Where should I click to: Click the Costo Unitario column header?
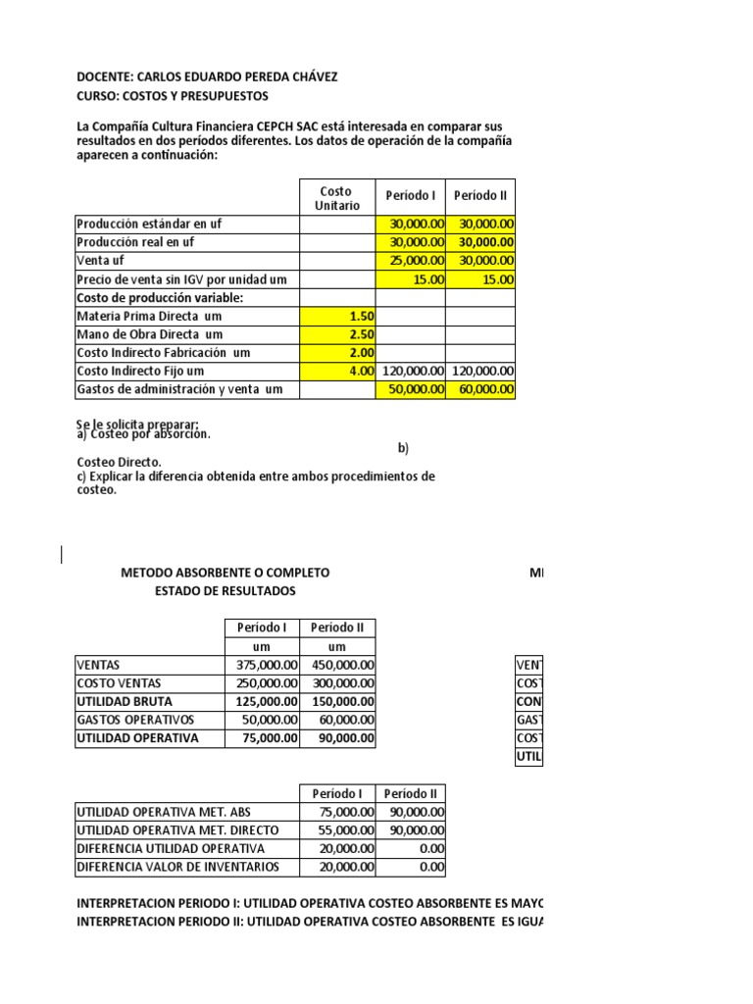[337, 197]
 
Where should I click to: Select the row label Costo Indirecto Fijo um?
[140, 372]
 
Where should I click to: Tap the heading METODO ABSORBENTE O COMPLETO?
[225, 573]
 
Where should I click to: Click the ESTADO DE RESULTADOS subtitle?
[225, 591]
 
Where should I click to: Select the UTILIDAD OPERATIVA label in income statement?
[136, 738]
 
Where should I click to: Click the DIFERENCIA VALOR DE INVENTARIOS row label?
[177, 867]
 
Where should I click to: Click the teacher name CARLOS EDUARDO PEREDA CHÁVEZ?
[240, 77]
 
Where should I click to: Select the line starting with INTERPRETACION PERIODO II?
[310, 921]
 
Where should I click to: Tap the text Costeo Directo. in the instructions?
[121, 462]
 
